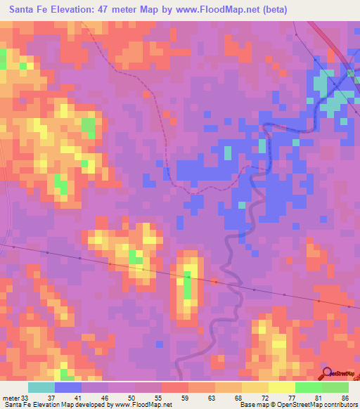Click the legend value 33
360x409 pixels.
tap(27, 398)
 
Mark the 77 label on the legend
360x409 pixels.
tap(291, 398)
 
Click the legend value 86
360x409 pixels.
tap(345, 398)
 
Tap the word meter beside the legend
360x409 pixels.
tap(11, 398)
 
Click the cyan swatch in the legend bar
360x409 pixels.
tap(41, 387)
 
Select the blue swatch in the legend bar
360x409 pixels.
tap(67, 387)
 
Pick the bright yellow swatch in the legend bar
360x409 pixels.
tap(281, 387)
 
